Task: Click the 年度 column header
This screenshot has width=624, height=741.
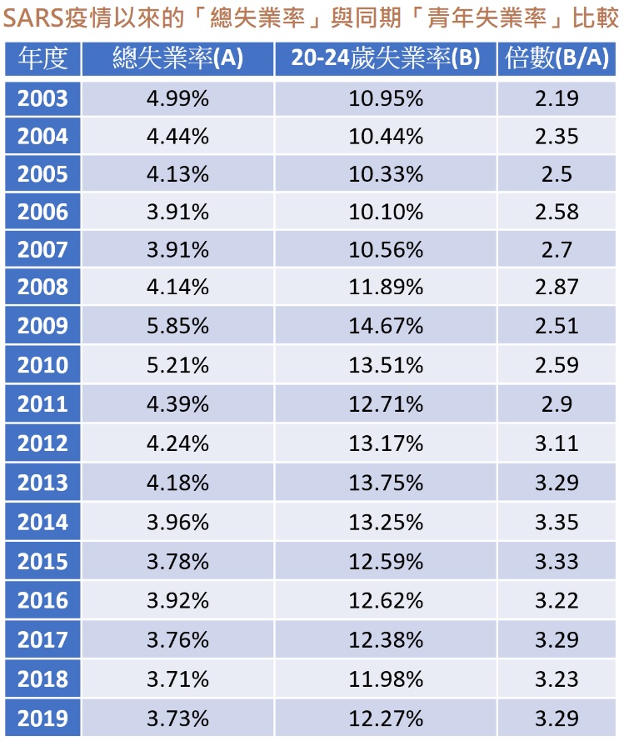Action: (x=42, y=58)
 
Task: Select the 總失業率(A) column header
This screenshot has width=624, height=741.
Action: (x=177, y=58)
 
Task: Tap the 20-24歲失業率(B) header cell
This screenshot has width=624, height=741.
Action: (x=386, y=58)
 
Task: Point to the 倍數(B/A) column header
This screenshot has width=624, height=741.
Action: (x=557, y=58)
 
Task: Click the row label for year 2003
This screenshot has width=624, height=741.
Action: (x=42, y=98)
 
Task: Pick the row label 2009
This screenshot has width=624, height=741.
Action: (x=42, y=326)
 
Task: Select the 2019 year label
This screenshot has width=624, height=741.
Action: (x=42, y=718)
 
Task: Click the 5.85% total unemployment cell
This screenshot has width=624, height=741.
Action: (x=177, y=326)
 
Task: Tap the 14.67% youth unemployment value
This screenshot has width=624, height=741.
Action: (x=386, y=326)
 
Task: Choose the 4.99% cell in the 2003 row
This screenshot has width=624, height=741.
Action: (x=177, y=98)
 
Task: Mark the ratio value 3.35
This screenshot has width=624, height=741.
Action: (x=557, y=522)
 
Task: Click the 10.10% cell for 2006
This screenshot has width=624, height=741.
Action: (x=386, y=212)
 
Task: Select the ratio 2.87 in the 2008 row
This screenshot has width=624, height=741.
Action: (x=557, y=287)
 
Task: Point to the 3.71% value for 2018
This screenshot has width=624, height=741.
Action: (x=177, y=679)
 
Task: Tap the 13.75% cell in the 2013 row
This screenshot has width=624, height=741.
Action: (x=386, y=483)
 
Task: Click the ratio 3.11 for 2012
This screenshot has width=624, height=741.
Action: (x=557, y=443)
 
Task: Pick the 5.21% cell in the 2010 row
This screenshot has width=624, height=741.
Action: (x=177, y=365)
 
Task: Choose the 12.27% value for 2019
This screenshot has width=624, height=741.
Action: (x=386, y=718)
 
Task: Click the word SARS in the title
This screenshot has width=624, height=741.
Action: (x=33, y=18)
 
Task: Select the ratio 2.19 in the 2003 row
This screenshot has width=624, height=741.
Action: (x=557, y=98)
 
